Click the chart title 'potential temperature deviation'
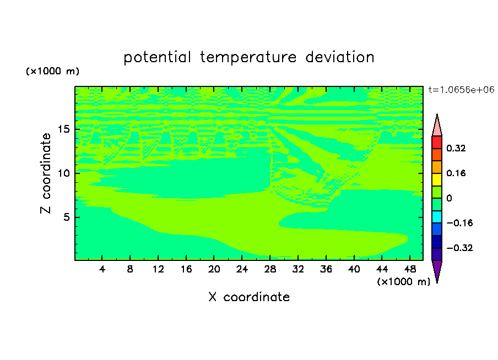point(248,57)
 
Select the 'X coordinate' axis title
point(249,297)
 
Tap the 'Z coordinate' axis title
point(46,173)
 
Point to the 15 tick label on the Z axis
point(64,129)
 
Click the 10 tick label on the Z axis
point(64,173)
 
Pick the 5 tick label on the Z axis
point(67,217)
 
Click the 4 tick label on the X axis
point(102,269)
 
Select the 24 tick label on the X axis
point(242,269)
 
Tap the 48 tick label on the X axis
point(410,269)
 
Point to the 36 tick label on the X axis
point(326,269)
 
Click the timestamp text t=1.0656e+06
point(461,90)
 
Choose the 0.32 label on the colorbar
point(456,148)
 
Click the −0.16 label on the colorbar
point(459,223)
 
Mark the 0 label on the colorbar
point(449,198)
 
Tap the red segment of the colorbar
point(437,142)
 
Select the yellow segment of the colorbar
point(437,179)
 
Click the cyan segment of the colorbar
point(437,217)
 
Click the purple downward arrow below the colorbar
point(437,270)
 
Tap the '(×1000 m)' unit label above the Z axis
point(52,71)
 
